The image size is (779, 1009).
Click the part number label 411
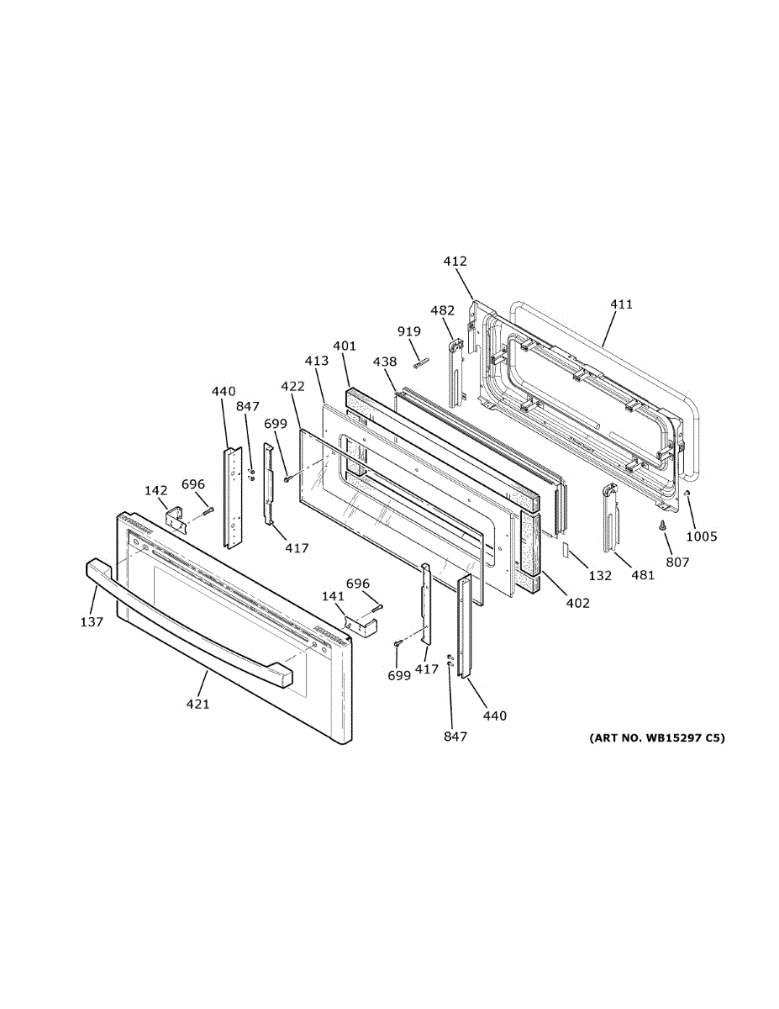[x=622, y=304]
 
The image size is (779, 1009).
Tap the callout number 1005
[x=701, y=536]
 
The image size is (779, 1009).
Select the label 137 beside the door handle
[x=92, y=621]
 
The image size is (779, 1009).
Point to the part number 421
[x=197, y=704]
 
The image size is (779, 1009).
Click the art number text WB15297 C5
[x=655, y=738]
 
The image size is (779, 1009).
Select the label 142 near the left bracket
[x=155, y=489]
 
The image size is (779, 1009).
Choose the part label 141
[x=334, y=596]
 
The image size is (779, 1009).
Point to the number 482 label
[x=442, y=310]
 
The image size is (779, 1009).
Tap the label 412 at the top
[x=455, y=261]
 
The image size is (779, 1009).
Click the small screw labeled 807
[x=662, y=526]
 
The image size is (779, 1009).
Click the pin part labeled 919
[x=420, y=362]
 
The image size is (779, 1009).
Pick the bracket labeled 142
[x=176, y=518]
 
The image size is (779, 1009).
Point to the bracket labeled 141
[x=361, y=625]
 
